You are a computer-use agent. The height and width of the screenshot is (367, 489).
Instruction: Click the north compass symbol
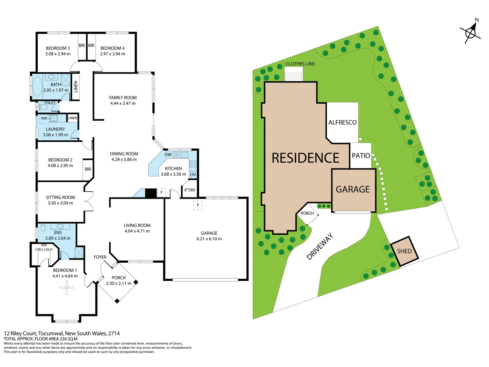(470, 33)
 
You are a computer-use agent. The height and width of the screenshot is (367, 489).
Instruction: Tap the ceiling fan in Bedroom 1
(67, 288)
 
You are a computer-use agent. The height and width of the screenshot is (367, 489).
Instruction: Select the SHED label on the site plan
(404, 251)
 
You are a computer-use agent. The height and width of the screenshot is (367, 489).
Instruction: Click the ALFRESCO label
(342, 122)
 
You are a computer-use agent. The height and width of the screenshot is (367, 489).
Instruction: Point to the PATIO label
(361, 155)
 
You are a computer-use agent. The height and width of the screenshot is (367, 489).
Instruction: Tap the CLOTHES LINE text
(300, 64)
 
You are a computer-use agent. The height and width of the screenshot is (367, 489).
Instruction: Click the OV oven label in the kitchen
(193, 174)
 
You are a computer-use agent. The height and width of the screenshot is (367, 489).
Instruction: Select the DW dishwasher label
(168, 155)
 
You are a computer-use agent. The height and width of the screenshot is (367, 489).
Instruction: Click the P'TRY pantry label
(190, 190)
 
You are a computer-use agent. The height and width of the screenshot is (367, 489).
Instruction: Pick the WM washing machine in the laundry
(44, 118)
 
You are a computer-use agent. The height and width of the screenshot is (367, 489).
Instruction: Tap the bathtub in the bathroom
(37, 87)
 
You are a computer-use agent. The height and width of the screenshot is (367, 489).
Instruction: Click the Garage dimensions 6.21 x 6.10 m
(209, 239)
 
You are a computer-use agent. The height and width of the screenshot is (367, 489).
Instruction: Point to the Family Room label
(123, 98)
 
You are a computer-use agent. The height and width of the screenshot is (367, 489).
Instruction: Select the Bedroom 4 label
(112, 48)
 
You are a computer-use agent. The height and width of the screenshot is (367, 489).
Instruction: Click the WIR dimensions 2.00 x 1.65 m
(44, 249)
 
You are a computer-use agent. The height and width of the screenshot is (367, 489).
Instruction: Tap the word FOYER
(100, 257)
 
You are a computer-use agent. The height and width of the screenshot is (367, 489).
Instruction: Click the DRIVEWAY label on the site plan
(320, 246)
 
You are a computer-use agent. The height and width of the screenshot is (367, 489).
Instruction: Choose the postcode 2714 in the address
(114, 333)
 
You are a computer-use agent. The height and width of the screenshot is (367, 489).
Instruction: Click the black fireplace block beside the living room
(151, 193)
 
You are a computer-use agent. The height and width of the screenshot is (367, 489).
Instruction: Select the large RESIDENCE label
(305, 158)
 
